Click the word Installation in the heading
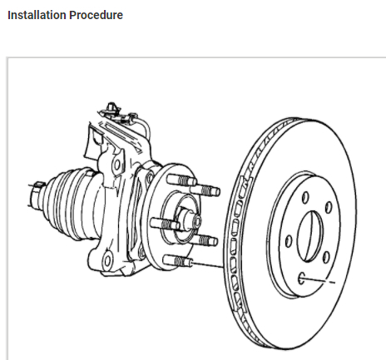pyautogui.click(x=37, y=15)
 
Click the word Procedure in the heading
pyautogui.click(x=96, y=15)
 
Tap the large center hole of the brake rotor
pyautogui.click(x=310, y=236)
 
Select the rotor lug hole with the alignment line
pyautogui.click(x=301, y=279)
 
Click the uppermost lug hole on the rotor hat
pyautogui.click(x=305, y=197)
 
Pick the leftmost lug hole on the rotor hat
pyautogui.click(x=289, y=241)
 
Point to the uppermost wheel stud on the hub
pyautogui.click(x=181, y=180)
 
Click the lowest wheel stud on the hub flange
pyautogui.click(x=177, y=261)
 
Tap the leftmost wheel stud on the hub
pyautogui.click(x=165, y=224)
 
